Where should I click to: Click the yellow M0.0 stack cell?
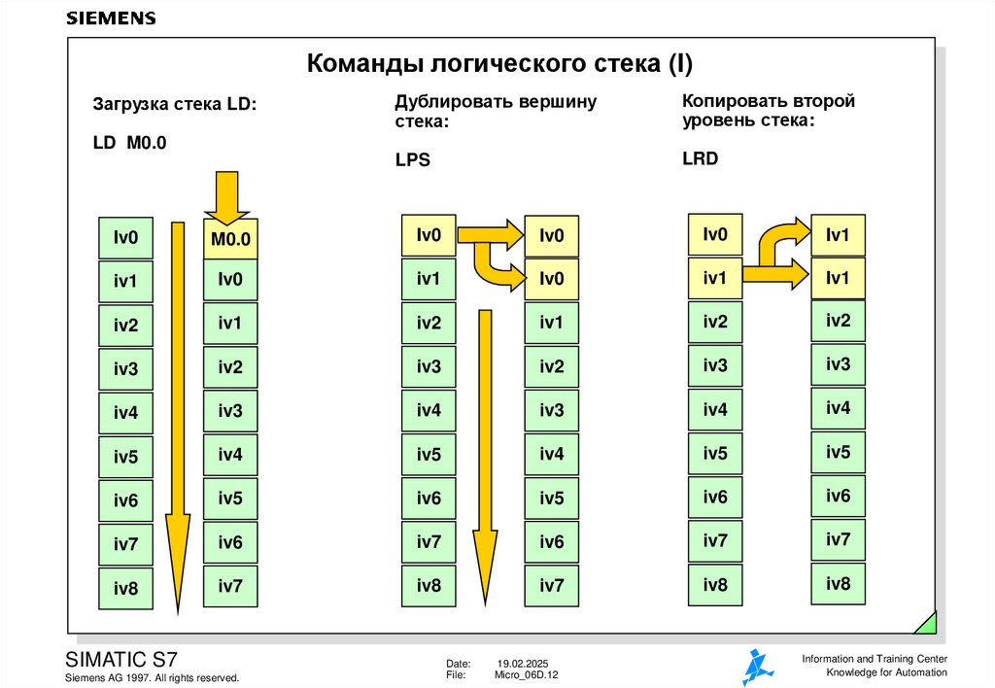[230, 238]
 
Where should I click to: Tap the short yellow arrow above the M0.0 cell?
[226, 197]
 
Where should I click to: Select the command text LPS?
[412, 161]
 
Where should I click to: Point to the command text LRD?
[700, 158]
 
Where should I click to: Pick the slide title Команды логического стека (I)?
[500, 65]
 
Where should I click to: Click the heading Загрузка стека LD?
[175, 104]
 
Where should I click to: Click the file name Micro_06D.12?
[527, 674]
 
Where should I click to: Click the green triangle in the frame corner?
[926, 623]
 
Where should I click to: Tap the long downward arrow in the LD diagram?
[177, 418]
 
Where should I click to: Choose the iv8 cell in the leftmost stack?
[126, 588]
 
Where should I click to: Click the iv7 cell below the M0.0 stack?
[230, 586]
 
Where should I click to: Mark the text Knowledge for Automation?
[886, 673]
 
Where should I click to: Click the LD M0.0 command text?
[130, 143]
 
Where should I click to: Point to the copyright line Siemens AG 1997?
[152, 677]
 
